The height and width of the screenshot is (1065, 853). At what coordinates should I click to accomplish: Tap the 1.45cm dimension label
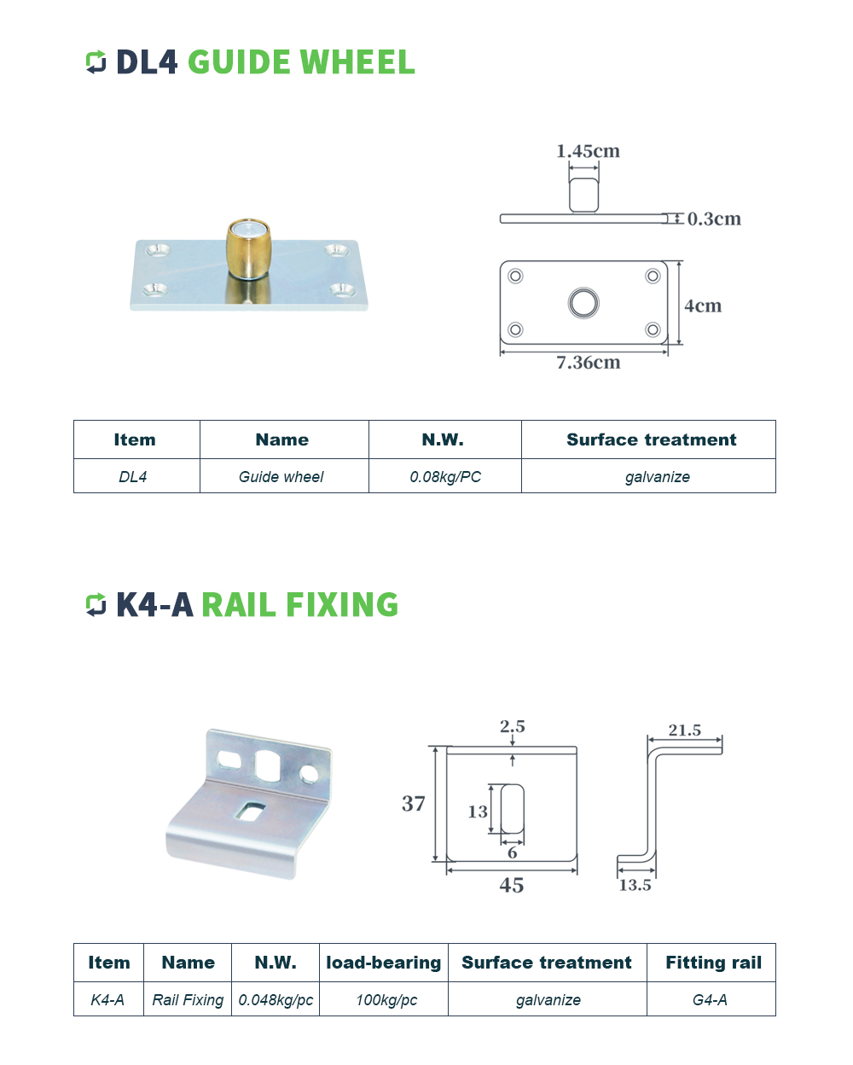[588, 151]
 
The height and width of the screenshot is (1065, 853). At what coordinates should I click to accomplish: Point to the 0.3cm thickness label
[714, 219]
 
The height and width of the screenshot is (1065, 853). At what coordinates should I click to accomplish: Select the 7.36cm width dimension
[588, 363]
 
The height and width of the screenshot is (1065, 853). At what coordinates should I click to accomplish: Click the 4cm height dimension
[703, 306]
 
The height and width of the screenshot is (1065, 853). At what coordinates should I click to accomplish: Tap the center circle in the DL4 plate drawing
[583, 303]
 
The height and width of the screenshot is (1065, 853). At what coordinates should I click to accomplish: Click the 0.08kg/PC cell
[445, 477]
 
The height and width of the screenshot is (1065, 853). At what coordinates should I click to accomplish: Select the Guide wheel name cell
[281, 477]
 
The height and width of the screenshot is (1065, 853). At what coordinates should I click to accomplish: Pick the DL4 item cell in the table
[133, 477]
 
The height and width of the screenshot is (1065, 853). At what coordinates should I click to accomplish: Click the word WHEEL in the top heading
[357, 62]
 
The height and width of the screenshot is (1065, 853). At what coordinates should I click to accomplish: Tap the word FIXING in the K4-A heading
[342, 605]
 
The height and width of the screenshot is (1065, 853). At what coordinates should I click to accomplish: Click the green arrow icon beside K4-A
[96, 605]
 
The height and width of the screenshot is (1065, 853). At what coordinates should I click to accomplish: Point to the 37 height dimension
[414, 804]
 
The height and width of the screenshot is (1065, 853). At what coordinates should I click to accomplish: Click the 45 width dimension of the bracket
[512, 886]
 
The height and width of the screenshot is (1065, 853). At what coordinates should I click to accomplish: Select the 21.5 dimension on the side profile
[685, 730]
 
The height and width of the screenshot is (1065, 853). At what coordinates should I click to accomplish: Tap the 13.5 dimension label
[635, 886]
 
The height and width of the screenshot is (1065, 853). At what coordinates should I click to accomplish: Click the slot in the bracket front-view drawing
[513, 809]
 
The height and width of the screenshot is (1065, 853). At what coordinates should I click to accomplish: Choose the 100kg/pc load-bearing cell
[386, 1000]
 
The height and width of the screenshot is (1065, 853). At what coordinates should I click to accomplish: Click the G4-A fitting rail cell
[710, 1000]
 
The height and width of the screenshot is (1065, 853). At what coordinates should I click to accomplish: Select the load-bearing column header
[384, 963]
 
